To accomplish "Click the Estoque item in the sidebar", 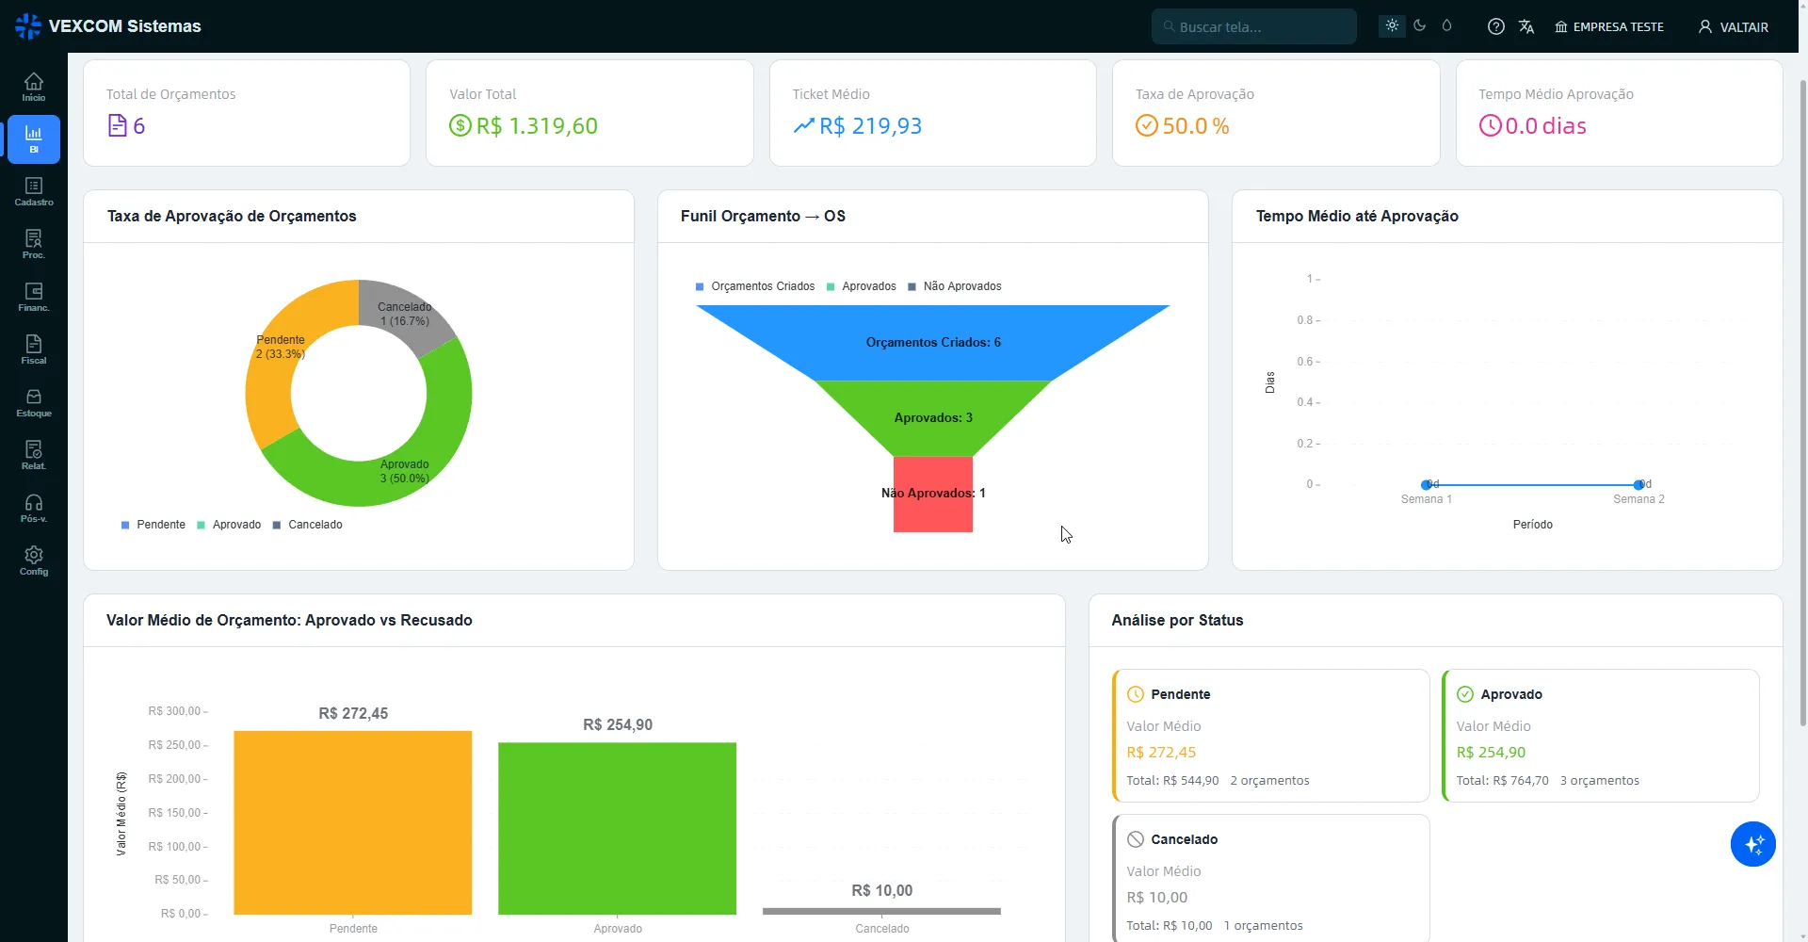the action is pos(34,403).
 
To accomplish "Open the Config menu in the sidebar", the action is pos(34,561).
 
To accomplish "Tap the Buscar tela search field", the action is pos(1253,26).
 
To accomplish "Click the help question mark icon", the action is pos(1495,26).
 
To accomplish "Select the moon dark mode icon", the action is pos(1419,25).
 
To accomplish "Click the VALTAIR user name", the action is pos(1744,27).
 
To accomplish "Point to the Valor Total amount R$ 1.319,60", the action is pos(537,126).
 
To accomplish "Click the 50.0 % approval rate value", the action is pos(1195,126).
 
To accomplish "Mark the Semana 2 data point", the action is pos(1638,484).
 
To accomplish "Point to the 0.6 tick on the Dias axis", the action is pos(1308,361).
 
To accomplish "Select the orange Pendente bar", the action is pos(352,822).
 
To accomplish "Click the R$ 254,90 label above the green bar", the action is pos(618,724).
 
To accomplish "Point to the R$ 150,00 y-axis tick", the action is pos(177,812).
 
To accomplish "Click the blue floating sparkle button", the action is pos(1752,844).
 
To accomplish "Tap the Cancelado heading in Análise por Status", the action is pos(1184,839).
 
